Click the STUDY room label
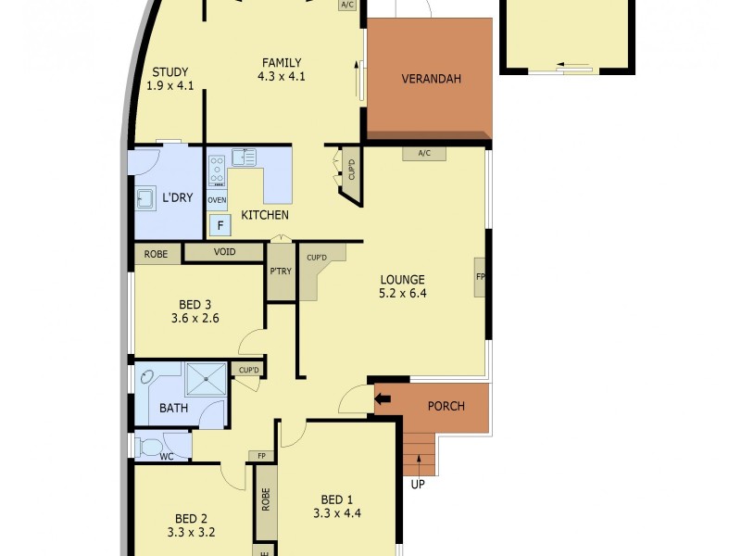click(170, 72)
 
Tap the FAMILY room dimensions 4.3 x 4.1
click(281, 77)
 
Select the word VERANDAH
click(431, 79)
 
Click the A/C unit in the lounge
click(425, 154)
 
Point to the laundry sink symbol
click(145, 199)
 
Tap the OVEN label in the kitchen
click(217, 200)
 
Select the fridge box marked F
click(220, 224)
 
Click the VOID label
click(223, 251)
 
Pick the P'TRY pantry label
click(281, 272)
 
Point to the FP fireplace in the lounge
click(481, 277)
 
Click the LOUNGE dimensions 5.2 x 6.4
click(402, 294)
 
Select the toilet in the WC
click(149, 448)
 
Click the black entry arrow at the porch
click(383, 399)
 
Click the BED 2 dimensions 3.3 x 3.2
click(193, 533)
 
